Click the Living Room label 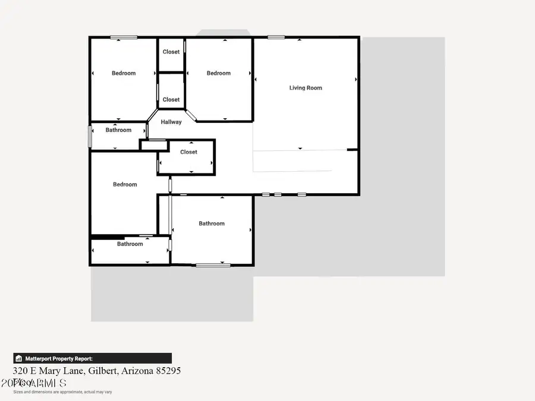[306, 88]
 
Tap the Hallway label [171, 122]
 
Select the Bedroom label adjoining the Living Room [218, 74]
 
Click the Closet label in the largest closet [188, 152]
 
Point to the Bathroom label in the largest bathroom [212, 224]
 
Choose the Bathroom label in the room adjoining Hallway [118, 130]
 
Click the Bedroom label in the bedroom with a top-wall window [124, 74]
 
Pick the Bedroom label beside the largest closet [125, 185]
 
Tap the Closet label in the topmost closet [171, 52]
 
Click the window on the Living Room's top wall [276, 37]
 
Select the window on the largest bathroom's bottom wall [213, 265]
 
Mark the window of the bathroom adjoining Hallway [90, 135]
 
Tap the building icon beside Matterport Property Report [19, 359]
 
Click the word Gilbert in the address [103, 371]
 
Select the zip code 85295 [169, 371]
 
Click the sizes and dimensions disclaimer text [62, 392]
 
